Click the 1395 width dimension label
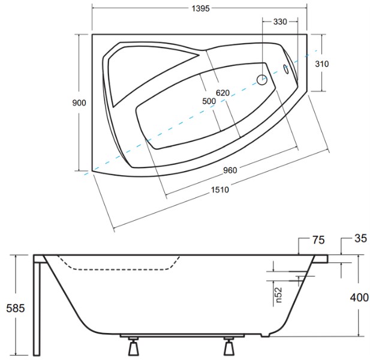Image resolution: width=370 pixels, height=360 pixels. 200,8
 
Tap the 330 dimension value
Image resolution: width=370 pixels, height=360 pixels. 280,22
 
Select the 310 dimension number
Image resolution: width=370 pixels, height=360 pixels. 322,64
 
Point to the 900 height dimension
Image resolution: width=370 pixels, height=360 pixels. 79,103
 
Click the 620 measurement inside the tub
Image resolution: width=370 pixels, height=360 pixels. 222,93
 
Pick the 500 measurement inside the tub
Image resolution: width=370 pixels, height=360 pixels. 209,101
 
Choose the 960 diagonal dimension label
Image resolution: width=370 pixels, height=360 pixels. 230,170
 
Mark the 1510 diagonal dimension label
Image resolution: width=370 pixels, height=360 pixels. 220,190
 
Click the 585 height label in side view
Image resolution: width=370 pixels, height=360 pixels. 16,308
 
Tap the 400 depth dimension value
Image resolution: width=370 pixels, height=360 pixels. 359,297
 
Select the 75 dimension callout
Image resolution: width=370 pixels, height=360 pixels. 318,240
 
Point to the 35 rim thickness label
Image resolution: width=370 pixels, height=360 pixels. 361,238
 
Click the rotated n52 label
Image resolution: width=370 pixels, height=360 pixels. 279,295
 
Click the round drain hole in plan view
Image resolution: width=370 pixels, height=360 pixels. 262,80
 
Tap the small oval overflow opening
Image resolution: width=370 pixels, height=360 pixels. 286,70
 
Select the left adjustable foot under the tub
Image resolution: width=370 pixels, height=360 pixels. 133,346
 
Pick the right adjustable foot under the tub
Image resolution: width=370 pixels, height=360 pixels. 229,346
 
